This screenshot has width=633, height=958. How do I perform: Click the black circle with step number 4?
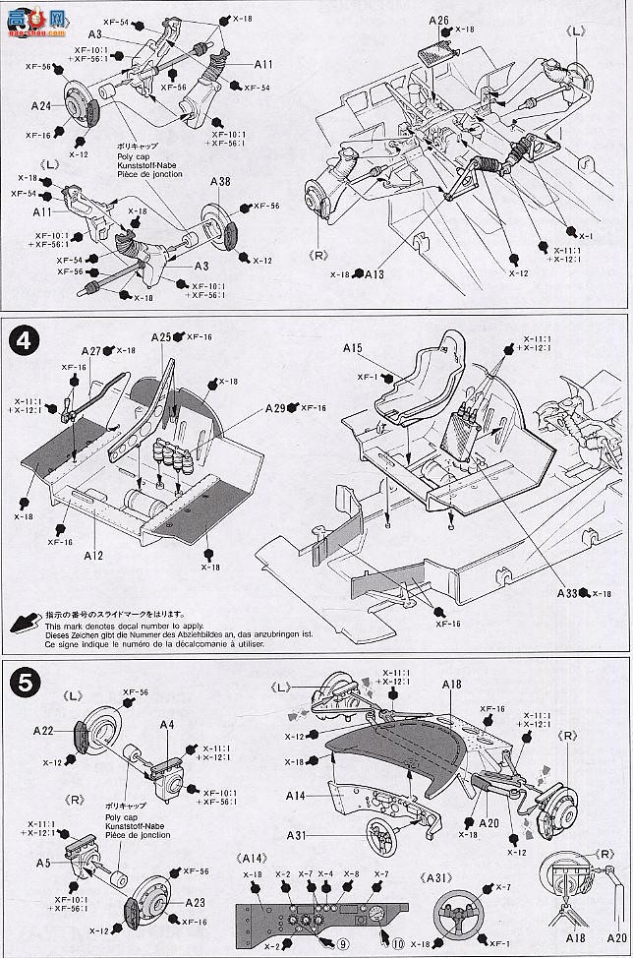pyautogui.click(x=24, y=343)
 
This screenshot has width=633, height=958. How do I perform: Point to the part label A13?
pyautogui.click(x=374, y=274)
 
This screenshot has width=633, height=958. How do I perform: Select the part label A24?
pyautogui.click(x=41, y=105)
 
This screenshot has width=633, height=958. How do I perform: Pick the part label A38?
pyautogui.click(x=220, y=182)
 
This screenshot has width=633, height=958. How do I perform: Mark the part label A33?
pyautogui.click(x=567, y=592)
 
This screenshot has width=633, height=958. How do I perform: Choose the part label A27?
pyautogui.click(x=91, y=350)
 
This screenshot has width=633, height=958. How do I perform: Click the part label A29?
pyautogui.click(x=275, y=407)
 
